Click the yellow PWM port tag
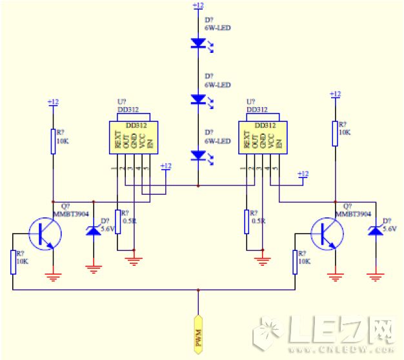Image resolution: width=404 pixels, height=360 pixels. pyautogui.click(x=199, y=334)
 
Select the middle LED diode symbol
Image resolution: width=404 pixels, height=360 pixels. pyautogui.click(x=198, y=99)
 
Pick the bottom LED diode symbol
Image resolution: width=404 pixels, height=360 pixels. pyautogui.click(x=198, y=155)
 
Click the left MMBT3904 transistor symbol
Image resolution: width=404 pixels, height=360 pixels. pyautogui.click(x=45, y=233)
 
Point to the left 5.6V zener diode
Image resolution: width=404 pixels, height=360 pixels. pyautogui.click(x=94, y=229)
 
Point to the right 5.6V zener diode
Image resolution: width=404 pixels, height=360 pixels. pyautogui.click(x=375, y=229)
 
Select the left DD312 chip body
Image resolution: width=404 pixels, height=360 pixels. pyautogui.click(x=132, y=137)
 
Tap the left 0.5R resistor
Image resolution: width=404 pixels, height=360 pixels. pyautogui.click(x=117, y=221)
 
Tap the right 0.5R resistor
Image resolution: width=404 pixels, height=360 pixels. pyautogui.click(x=247, y=221)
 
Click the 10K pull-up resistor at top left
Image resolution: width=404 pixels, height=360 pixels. pyautogui.click(x=54, y=141)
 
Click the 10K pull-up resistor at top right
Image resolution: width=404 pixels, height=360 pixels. pyautogui.click(x=335, y=133)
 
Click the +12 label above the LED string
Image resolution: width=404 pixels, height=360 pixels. pyautogui.click(x=198, y=6)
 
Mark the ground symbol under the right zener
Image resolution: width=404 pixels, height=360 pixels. pyautogui.click(x=375, y=277)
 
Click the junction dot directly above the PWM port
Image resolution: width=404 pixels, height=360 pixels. pyautogui.click(x=199, y=291)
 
